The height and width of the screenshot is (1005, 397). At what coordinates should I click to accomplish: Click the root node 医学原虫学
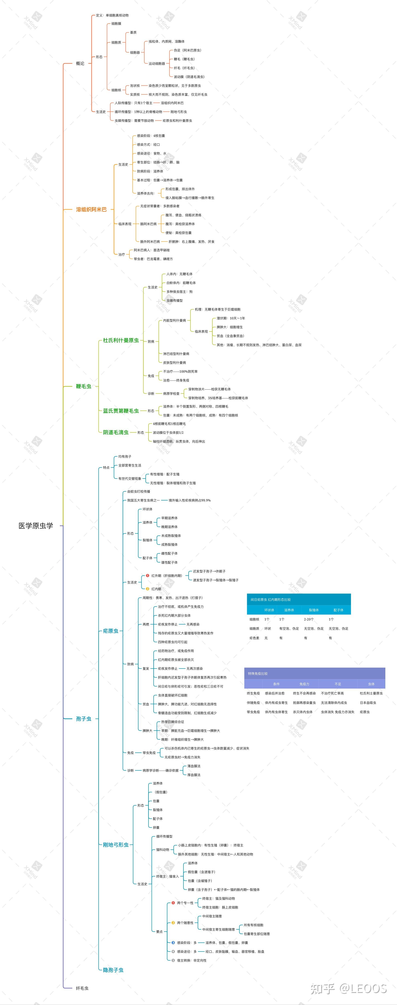click(x=36, y=526)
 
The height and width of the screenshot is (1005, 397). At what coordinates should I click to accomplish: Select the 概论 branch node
click(x=80, y=63)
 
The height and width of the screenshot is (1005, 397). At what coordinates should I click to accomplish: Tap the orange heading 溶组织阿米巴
click(x=91, y=209)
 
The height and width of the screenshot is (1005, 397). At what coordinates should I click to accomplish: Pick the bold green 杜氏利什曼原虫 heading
click(x=121, y=340)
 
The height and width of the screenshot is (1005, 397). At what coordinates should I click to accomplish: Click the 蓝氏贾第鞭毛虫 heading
click(x=121, y=411)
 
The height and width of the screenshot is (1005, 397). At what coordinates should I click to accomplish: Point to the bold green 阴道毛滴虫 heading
click(x=116, y=432)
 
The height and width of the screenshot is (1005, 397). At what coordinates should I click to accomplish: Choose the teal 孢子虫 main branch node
click(x=83, y=719)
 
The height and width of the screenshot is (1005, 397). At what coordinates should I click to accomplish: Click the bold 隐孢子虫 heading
click(x=113, y=970)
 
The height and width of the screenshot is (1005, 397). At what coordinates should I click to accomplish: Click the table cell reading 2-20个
click(x=309, y=619)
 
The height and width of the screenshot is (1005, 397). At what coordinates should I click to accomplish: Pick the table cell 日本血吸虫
click(x=368, y=703)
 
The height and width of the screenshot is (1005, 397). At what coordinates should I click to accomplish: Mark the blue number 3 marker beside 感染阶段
click(x=173, y=942)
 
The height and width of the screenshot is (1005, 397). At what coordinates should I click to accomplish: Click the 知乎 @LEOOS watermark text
click(x=348, y=988)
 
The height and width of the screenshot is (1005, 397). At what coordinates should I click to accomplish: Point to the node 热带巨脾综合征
click(x=173, y=722)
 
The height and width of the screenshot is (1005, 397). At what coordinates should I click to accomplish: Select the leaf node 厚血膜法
click(x=194, y=775)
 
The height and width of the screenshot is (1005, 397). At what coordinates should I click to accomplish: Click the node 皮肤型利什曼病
click(x=174, y=362)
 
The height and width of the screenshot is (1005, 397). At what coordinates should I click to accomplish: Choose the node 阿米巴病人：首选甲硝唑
click(x=152, y=250)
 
